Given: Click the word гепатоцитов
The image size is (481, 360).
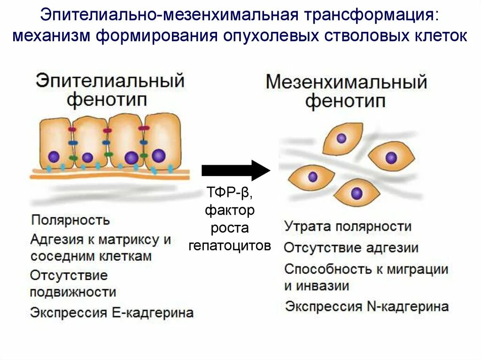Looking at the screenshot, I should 230,245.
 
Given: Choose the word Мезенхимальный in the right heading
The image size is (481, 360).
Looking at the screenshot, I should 346,83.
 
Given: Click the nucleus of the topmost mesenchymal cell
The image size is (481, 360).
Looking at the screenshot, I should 341,138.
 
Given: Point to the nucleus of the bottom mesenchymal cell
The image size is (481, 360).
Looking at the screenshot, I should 357,193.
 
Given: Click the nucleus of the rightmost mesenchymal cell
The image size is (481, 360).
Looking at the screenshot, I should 391,158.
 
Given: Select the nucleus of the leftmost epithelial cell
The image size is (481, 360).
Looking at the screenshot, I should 54,157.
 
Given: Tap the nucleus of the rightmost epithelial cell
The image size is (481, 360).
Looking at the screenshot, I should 159,155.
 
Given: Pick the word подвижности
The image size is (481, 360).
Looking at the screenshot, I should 73,292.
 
